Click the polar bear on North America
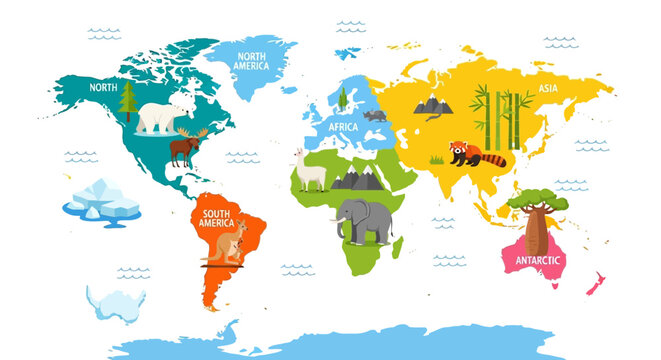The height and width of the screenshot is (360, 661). click(x=164, y=118)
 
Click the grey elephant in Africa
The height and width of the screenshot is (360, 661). click(x=364, y=220)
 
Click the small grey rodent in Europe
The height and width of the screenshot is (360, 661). click(x=375, y=116)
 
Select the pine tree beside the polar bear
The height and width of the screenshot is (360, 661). click(x=127, y=101)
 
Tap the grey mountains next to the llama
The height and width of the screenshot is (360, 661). click(x=355, y=179)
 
